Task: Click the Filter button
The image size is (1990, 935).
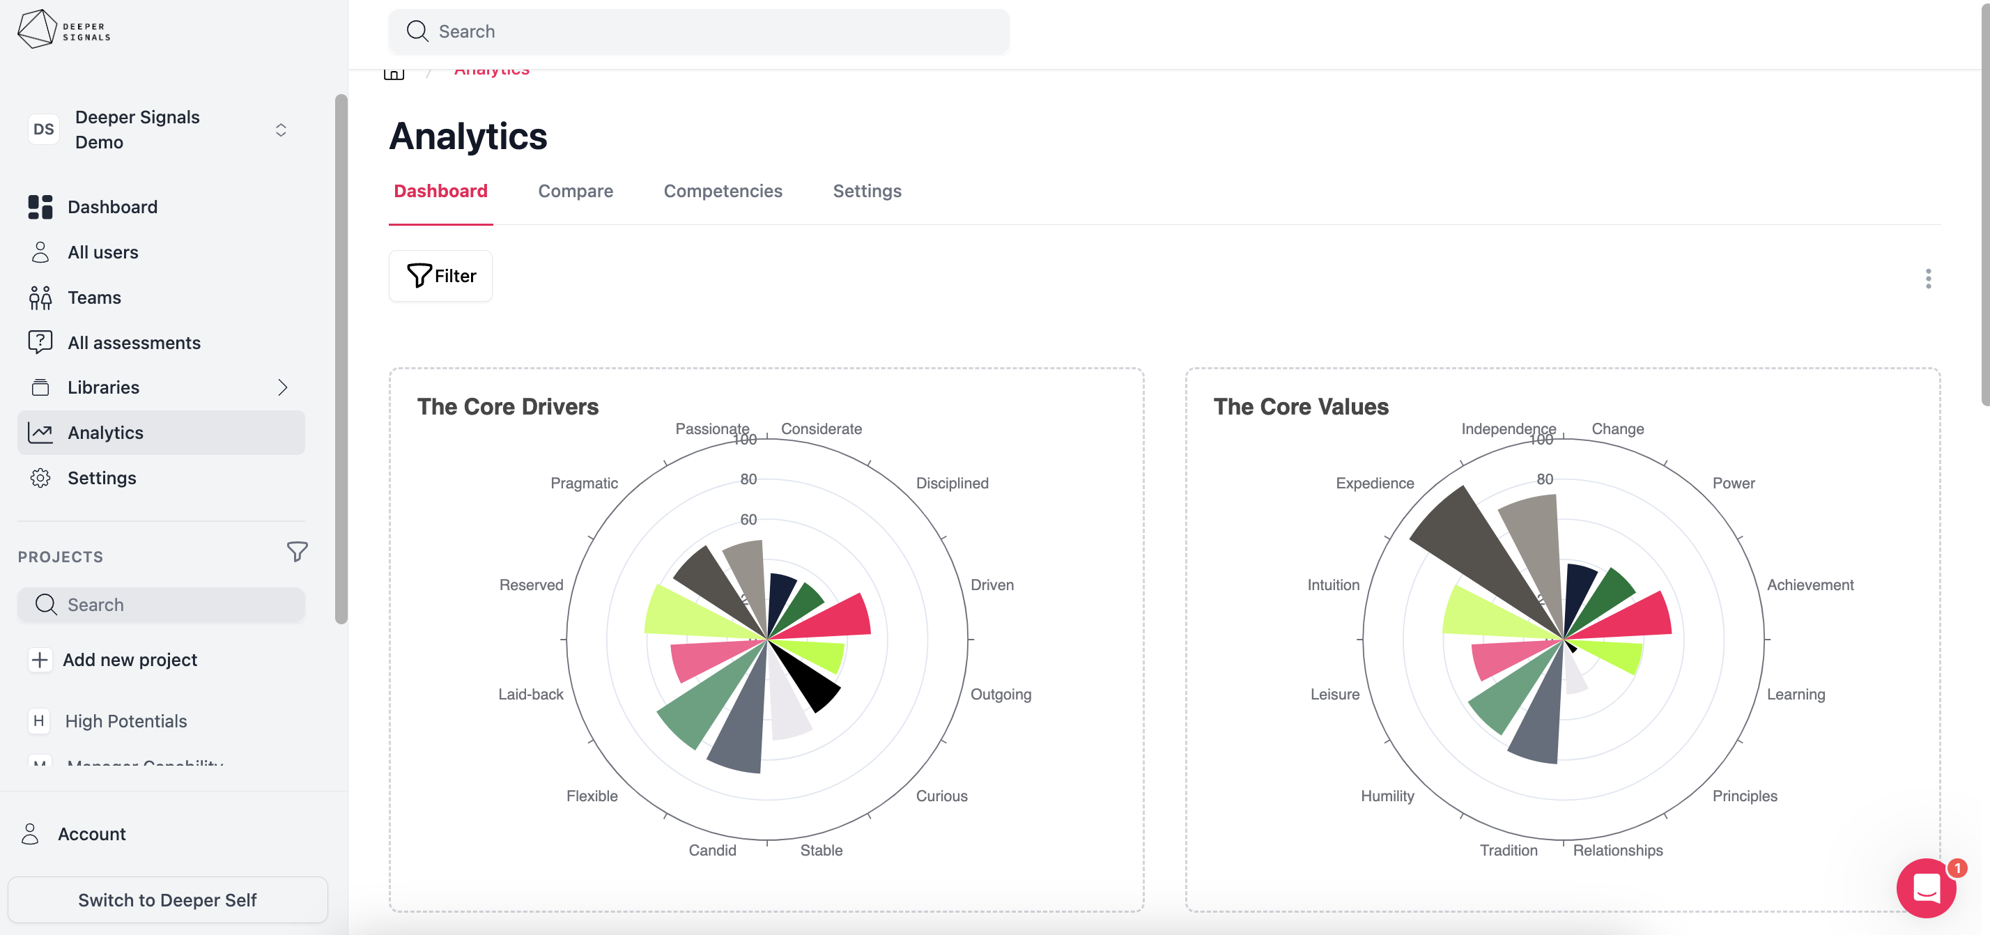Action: (x=440, y=276)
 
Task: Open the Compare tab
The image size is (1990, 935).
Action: (x=575, y=191)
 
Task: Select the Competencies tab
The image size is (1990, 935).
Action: (x=723, y=191)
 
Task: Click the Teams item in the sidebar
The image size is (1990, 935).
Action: (x=93, y=297)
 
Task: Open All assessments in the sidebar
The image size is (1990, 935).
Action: (x=134, y=342)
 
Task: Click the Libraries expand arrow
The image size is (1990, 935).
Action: (x=282, y=387)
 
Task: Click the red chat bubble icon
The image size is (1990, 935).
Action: (x=1926, y=888)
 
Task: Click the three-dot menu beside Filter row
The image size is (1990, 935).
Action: (x=1927, y=278)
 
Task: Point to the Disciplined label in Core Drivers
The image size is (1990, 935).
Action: (x=952, y=483)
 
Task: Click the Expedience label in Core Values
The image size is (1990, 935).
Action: (x=1374, y=483)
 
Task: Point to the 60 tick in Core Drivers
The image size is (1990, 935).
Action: (x=748, y=519)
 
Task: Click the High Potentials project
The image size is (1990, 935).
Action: (x=125, y=721)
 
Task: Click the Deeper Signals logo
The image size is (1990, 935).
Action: (x=63, y=29)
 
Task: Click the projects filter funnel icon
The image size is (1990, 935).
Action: (x=297, y=552)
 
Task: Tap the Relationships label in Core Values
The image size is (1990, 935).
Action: (x=1618, y=850)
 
